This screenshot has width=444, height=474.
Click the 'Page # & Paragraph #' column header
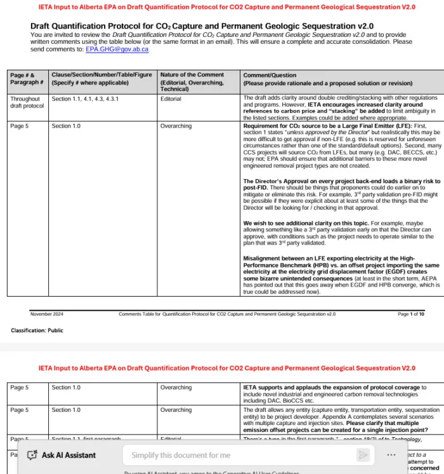(27, 79)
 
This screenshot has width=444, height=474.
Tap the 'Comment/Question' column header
(270, 75)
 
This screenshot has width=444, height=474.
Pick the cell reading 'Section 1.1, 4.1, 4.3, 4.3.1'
(85, 99)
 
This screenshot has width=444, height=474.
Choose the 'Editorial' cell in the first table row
(171, 99)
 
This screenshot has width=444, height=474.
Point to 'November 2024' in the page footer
(46, 314)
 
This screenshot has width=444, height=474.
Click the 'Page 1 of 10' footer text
(411, 314)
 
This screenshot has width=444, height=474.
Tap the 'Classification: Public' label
(37, 330)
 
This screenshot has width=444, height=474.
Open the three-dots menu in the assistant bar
(391, 455)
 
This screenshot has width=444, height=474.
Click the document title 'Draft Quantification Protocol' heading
(202, 26)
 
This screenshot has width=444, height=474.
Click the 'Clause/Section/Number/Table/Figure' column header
(103, 75)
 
